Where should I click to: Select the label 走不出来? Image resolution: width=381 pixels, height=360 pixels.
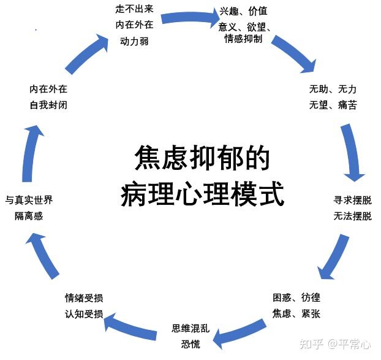pos(134,9)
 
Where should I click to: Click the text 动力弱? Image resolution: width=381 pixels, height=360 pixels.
pos(134,41)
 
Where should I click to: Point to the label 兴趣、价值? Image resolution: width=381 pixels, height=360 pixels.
pos(243,12)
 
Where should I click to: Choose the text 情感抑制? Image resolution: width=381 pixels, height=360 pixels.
pos(243,39)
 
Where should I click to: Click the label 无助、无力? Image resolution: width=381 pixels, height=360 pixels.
pos(333,90)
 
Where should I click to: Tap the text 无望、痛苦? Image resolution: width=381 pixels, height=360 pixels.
pos(333,105)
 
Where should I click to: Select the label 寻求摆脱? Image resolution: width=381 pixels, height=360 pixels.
pos(352,201)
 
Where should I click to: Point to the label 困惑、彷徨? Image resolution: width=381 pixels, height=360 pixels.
pos(296,298)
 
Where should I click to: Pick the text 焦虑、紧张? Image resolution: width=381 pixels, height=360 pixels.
pos(296,314)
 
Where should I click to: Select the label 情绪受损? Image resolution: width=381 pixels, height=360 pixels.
pos(84,298)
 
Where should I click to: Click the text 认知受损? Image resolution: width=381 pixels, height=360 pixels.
pos(84,314)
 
